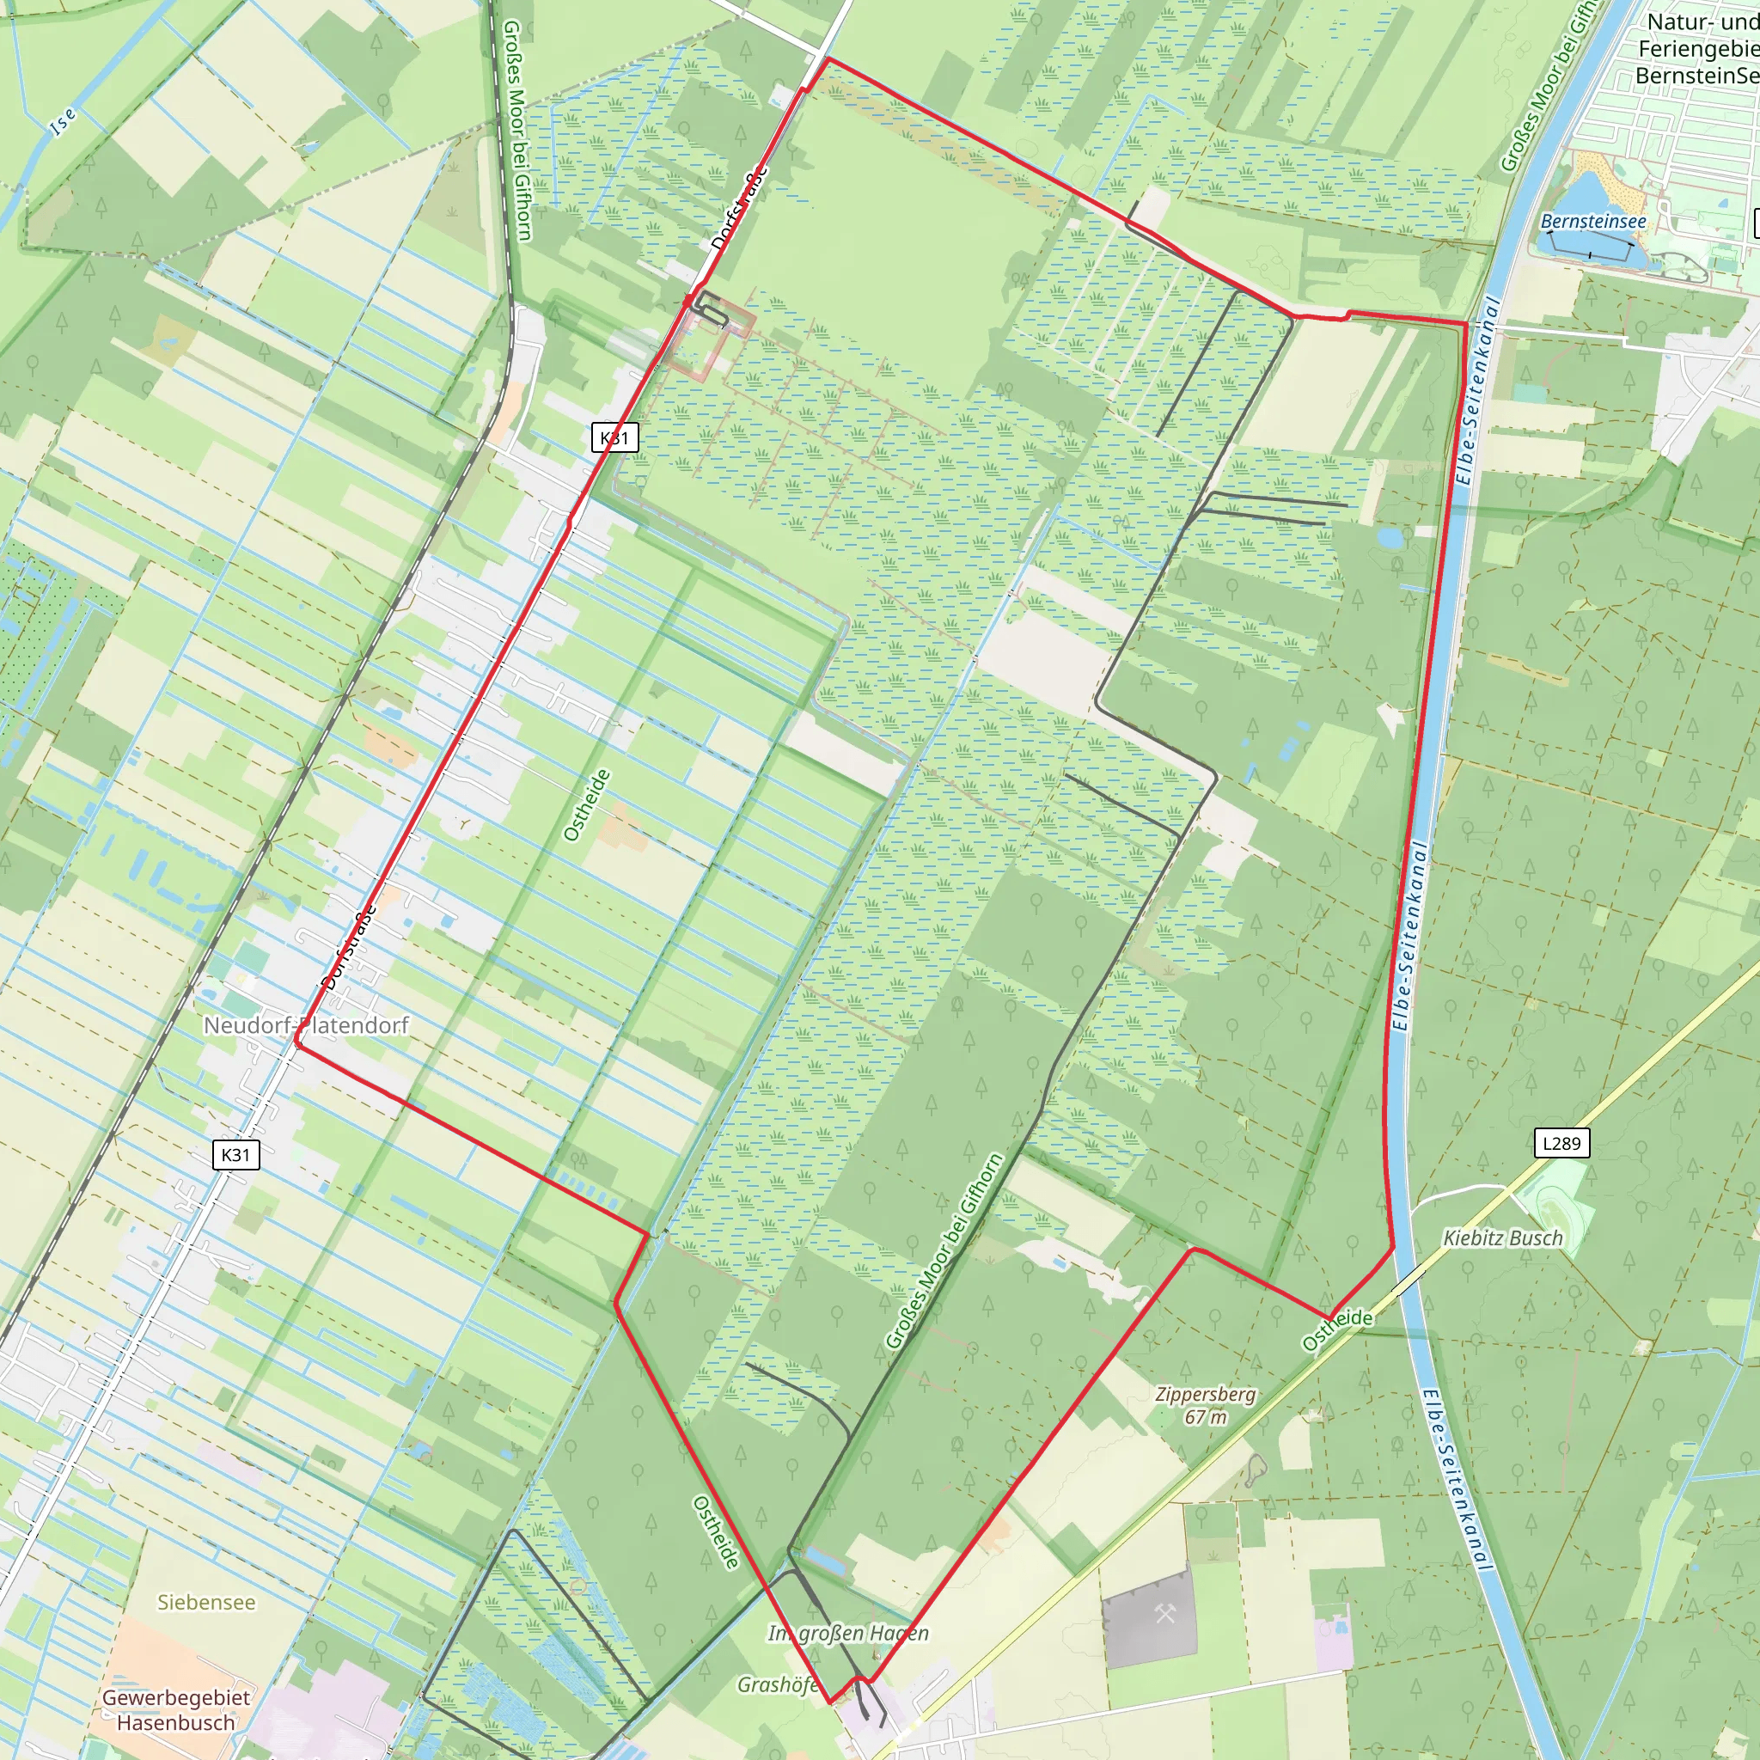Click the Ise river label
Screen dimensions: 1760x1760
tap(63, 120)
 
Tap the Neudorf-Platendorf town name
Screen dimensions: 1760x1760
tap(306, 1025)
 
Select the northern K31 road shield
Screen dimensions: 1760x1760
tap(615, 437)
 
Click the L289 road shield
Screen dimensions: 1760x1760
tap(1562, 1143)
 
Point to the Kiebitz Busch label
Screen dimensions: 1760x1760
tap(1503, 1238)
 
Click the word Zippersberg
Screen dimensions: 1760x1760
tap(1205, 1394)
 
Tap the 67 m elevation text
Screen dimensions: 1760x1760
tap(1205, 1416)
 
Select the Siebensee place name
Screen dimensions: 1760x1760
tap(207, 1603)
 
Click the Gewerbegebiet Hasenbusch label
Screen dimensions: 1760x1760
tap(176, 1710)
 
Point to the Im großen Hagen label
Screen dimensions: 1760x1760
tap(848, 1633)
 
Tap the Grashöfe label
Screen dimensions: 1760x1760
tap(777, 1684)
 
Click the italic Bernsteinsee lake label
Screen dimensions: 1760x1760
tap(1593, 222)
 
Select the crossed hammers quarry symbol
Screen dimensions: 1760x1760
tap(1165, 1614)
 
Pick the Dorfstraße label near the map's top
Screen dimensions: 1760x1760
tap(739, 209)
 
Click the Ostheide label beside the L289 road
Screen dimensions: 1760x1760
tap(1337, 1329)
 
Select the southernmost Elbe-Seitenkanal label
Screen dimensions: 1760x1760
tap(1456, 1481)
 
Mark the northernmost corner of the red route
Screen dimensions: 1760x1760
tap(826, 59)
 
